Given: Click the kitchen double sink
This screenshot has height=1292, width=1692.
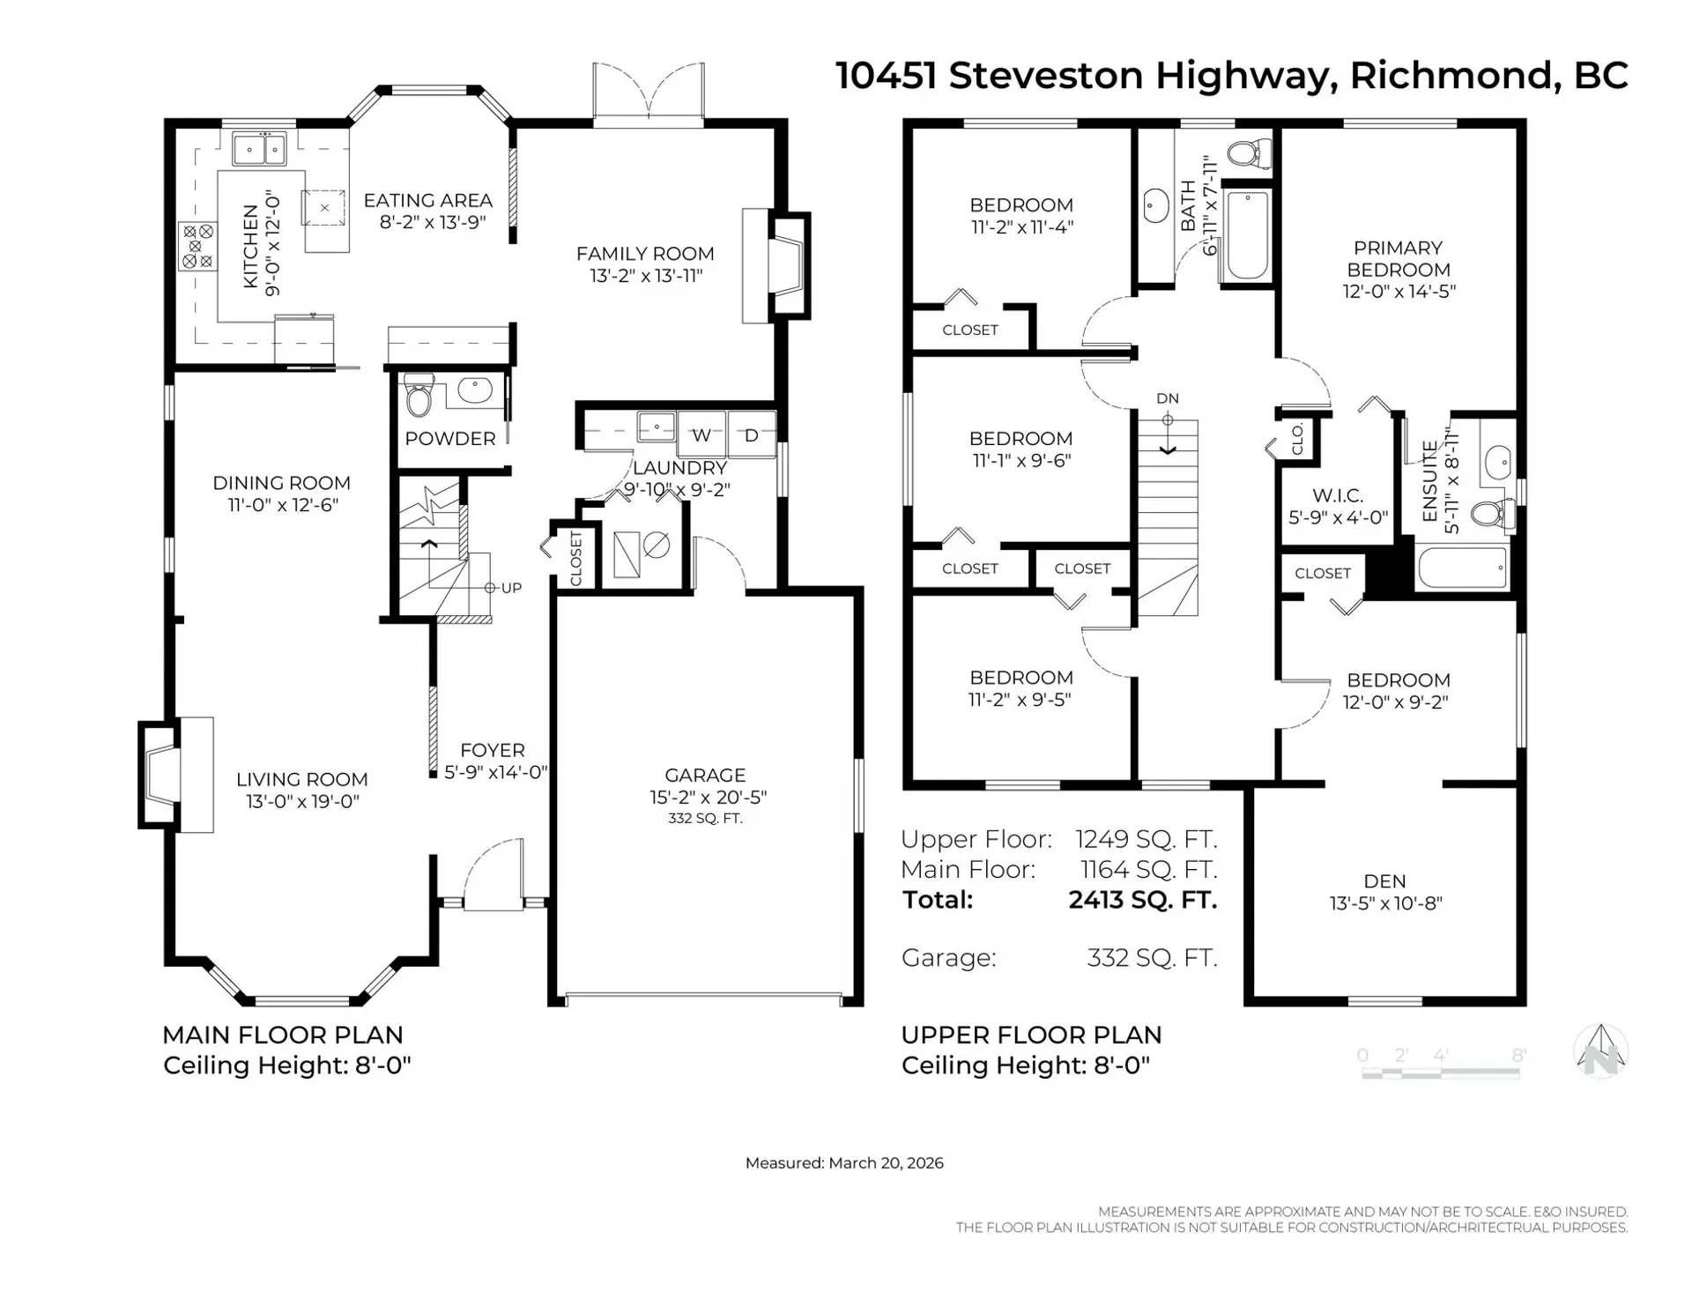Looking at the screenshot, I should pos(259,149).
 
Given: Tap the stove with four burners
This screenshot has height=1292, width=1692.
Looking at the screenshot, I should pos(197,247).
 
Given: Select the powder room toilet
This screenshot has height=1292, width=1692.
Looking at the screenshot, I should pos(418,397).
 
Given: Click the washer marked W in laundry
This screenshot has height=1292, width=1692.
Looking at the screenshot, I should pos(701,434).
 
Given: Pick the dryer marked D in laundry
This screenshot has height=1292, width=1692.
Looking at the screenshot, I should pos(751,434).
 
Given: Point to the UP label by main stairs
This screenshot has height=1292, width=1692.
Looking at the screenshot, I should pos(511,588).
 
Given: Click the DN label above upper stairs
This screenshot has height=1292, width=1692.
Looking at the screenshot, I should pos(1167,398).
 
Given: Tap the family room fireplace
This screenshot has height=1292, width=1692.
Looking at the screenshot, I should pos(787,265).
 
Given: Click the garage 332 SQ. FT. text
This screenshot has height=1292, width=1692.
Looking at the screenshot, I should pos(705,819).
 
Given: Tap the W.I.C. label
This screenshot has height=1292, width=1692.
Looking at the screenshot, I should pos(1337,496).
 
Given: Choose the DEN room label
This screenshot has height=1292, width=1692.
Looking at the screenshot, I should pos(1384,880).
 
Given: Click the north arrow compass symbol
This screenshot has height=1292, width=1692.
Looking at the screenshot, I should pos(1600,1051).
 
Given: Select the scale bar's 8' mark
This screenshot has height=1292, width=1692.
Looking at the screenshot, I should pos(1518,1055).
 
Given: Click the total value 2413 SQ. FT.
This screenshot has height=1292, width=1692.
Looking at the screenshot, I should pos(1142,900).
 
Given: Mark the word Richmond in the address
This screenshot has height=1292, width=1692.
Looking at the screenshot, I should pos(1450,76).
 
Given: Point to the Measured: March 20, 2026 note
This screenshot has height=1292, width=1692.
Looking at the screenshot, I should pos(843,1162).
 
